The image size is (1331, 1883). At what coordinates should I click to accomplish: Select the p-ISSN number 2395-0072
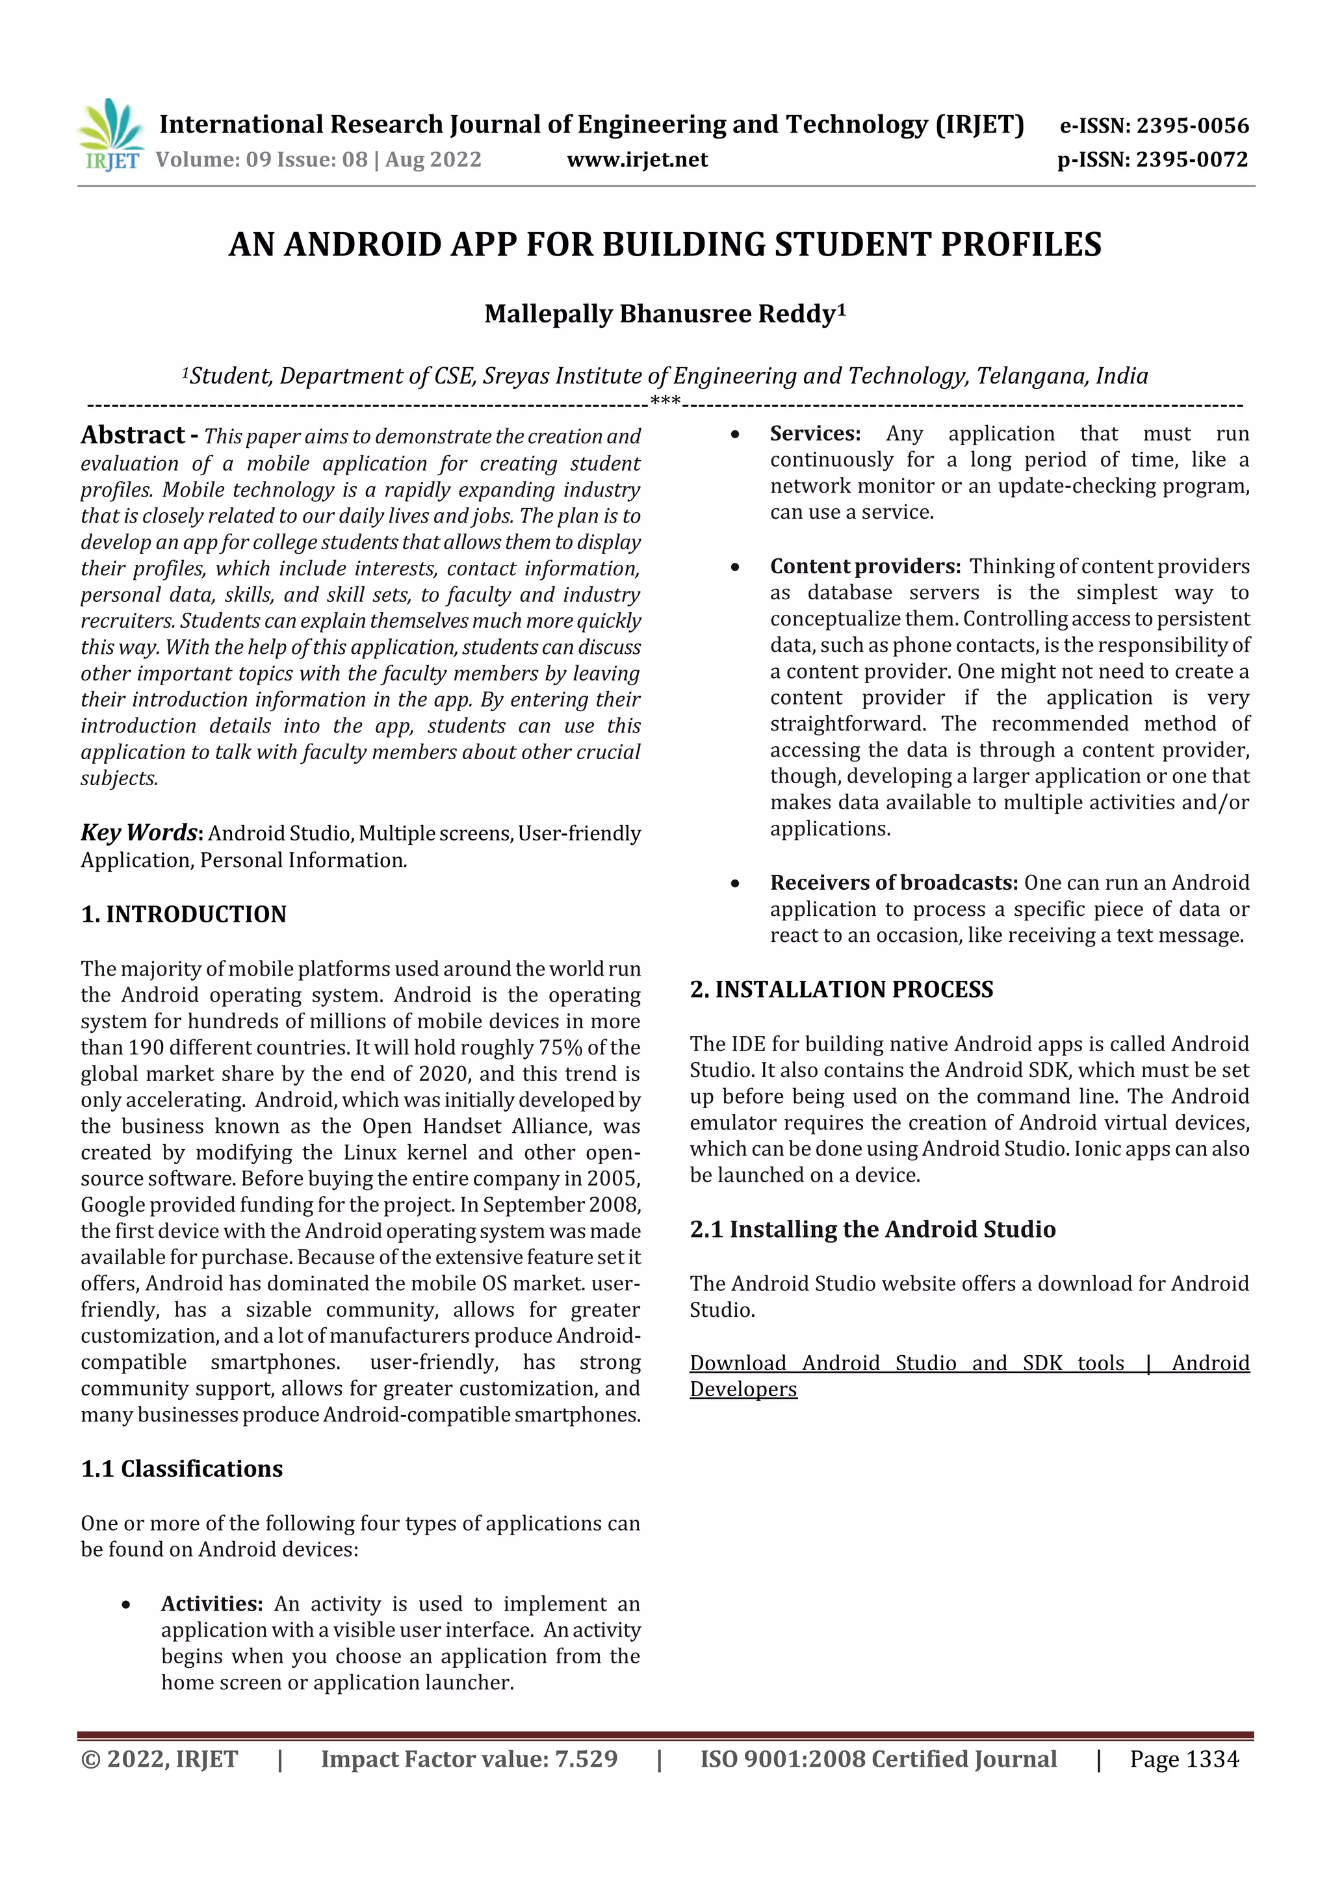(1191, 160)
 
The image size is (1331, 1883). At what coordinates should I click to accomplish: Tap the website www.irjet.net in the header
(636, 160)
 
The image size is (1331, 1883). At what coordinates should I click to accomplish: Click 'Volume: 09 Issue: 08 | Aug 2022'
(318, 160)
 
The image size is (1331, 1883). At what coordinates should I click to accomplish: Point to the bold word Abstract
(133, 435)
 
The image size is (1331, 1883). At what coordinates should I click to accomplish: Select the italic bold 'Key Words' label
(138, 833)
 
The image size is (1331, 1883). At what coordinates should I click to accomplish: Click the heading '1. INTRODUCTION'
(184, 915)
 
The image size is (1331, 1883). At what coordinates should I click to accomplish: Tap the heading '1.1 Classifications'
(181, 1469)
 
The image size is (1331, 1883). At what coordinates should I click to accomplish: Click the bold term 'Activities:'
(212, 1604)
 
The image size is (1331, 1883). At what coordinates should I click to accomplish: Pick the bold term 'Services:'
(814, 434)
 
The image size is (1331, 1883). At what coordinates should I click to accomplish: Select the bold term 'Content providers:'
(864, 567)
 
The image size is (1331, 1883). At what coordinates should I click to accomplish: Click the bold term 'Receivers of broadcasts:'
(893, 883)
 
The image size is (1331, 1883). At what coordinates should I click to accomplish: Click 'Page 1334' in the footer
(1183, 1759)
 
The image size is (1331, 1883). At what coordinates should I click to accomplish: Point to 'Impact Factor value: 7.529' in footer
(469, 1759)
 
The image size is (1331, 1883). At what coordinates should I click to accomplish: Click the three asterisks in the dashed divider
(664, 402)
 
